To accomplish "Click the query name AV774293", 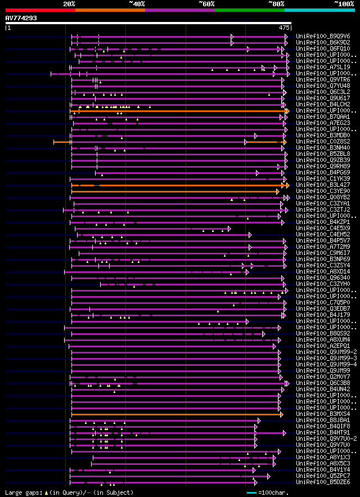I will (21, 18).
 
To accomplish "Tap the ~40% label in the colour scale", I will (137, 4).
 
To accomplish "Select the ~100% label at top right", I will (344, 4).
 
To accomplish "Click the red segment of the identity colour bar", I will (40, 10).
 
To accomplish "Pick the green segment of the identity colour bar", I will (249, 10).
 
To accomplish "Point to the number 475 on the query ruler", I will (284, 27).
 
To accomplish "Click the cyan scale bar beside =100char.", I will (251, 493).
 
